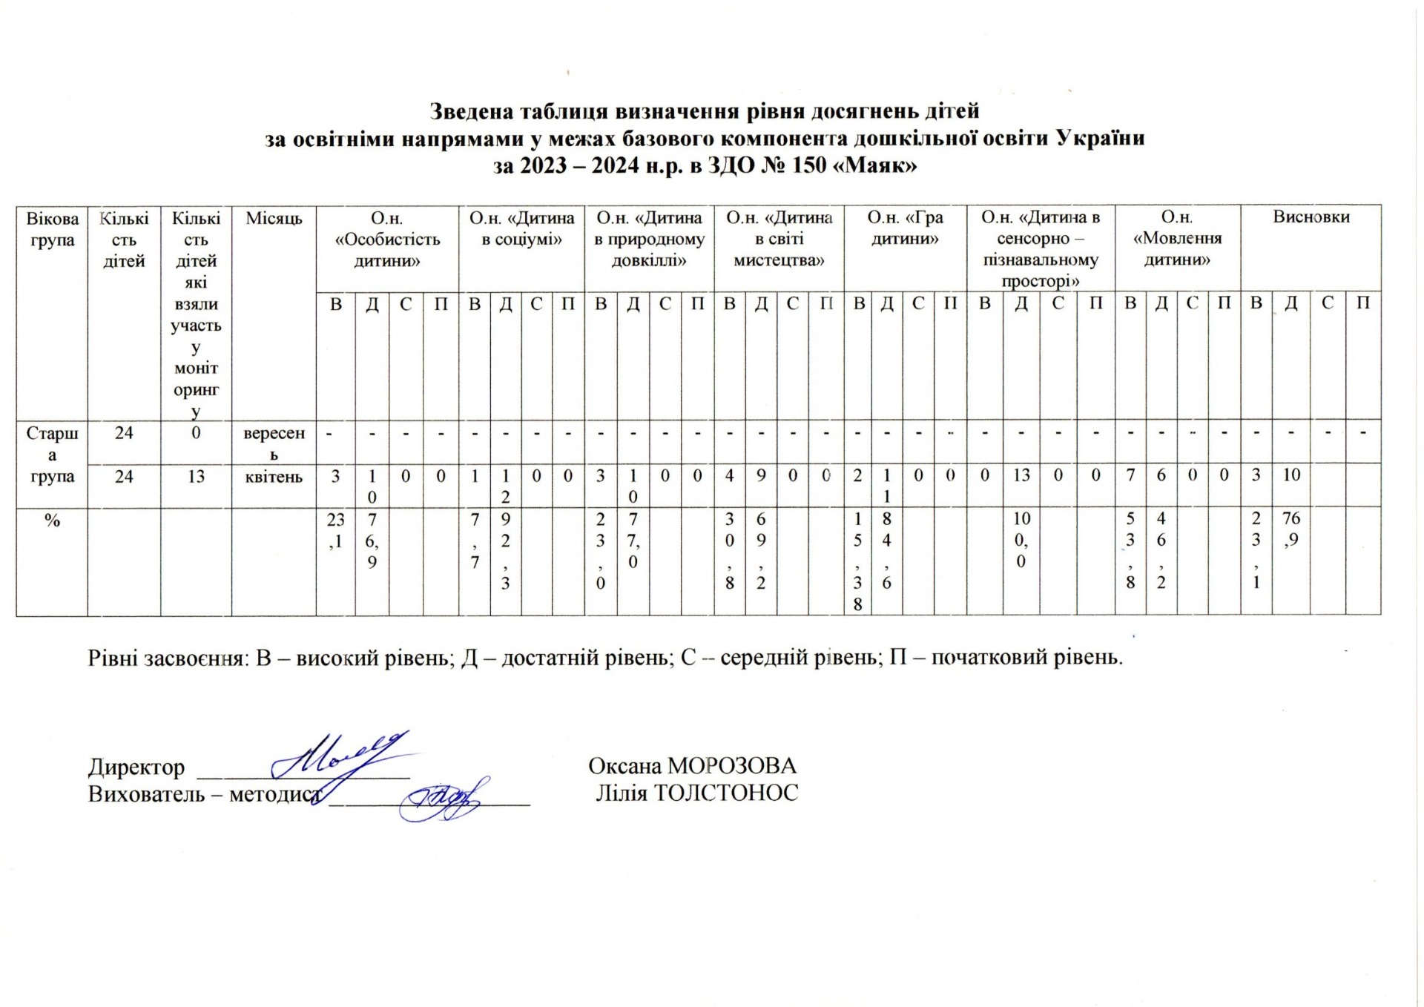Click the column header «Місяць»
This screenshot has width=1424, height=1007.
pyautogui.click(x=274, y=219)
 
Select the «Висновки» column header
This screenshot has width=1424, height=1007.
pyautogui.click(x=1311, y=217)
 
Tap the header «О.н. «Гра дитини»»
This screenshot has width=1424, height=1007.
pyautogui.click(x=905, y=228)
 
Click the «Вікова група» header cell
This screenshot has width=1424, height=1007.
pyautogui.click(x=52, y=229)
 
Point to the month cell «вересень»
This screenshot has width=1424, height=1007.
pyautogui.click(x=274, y=443)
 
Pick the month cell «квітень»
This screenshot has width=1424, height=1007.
pyautogui.click(x=274, y=477)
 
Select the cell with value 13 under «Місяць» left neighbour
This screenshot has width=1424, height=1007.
pyautogui.click(x=196, y=476)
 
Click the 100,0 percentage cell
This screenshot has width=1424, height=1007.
pyautogui.click(x=1021, y=540)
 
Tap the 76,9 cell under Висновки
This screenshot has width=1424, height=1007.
pyautogui.click(x=1291, y=529)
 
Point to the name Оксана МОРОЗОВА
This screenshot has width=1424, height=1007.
pyautogui.click(x=692, y=765)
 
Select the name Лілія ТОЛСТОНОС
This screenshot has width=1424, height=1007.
pyautogui.click(x=697, y=793)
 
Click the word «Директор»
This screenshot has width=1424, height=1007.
pyautogui.click(x=136, y=766)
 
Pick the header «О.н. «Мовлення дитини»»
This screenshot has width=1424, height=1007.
pyautogui.click(x=1177, y=239)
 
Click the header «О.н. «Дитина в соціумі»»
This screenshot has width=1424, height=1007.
pyautogui.click(x=521, y=228)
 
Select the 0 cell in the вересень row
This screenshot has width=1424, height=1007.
pyautogui.click(x=196, y=433)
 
